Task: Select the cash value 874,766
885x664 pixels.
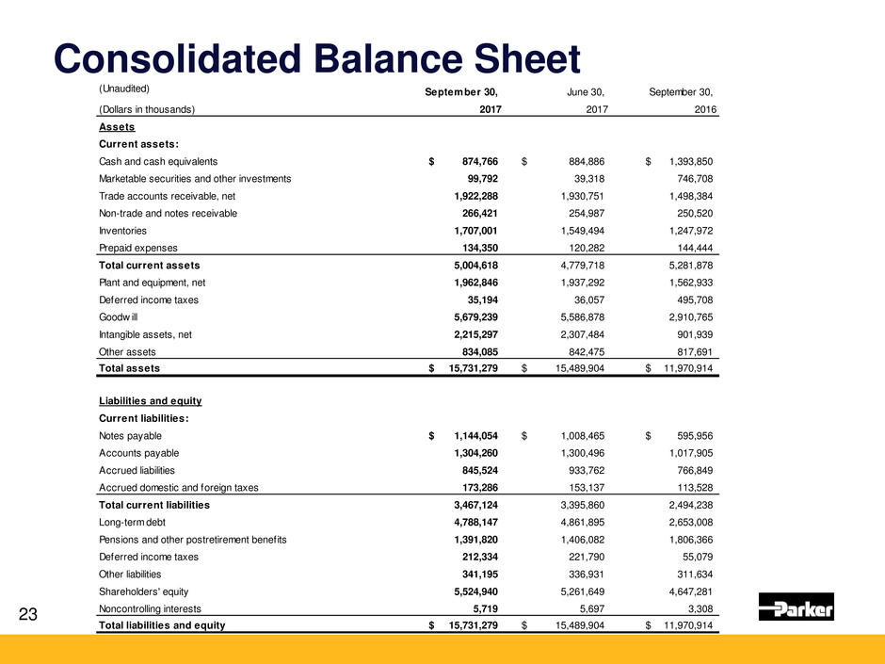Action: (475, 161)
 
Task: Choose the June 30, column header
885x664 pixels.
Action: (585, 91)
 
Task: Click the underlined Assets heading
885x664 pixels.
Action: (117, 127)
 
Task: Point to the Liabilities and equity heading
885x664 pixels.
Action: (150, 400)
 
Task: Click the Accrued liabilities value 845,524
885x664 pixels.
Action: (475, 469)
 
